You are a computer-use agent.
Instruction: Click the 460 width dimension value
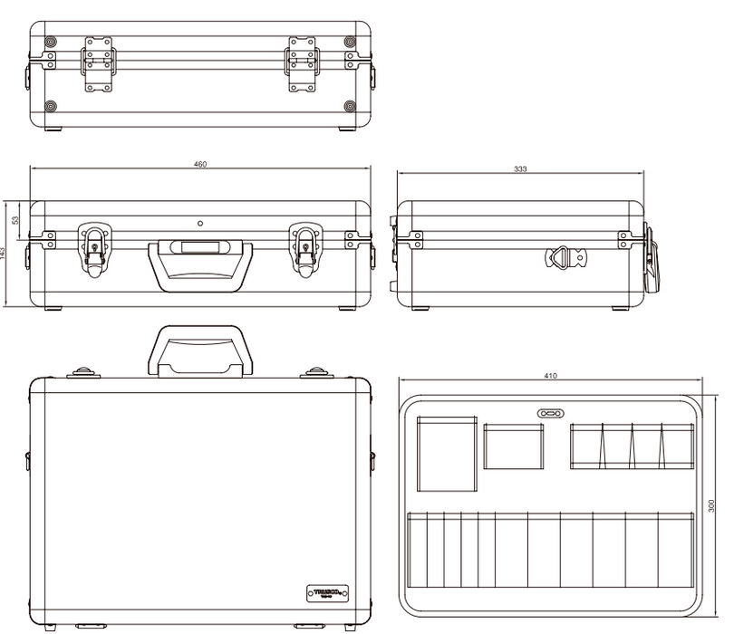click(200, 164)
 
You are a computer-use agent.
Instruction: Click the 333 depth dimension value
click(520, 169)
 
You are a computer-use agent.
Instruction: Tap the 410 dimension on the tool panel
click(550, 375)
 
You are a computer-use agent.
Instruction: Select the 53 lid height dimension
click(15, 220)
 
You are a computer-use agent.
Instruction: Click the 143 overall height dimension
click(4, 255)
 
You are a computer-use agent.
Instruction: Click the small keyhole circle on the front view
click(200, 222)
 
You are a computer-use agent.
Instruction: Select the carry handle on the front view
click(200, 263)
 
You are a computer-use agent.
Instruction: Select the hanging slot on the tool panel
click(550, 412)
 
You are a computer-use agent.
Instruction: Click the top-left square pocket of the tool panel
click(447, 453)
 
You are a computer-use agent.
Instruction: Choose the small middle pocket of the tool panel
click(514, 447)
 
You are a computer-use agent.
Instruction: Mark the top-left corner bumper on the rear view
click(50, 43)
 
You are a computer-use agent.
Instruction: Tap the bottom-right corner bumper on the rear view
click(350, 107)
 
